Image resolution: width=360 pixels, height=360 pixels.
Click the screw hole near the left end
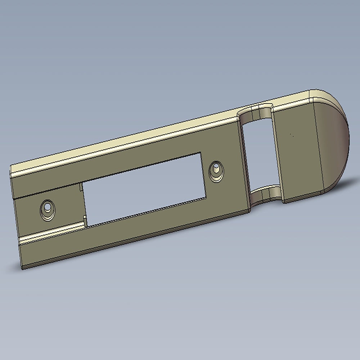(47, 208)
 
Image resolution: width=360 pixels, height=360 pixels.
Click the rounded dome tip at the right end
(335, 144)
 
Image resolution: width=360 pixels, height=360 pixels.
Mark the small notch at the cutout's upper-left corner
(80, 187)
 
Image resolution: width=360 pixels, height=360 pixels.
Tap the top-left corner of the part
(11, 166)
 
